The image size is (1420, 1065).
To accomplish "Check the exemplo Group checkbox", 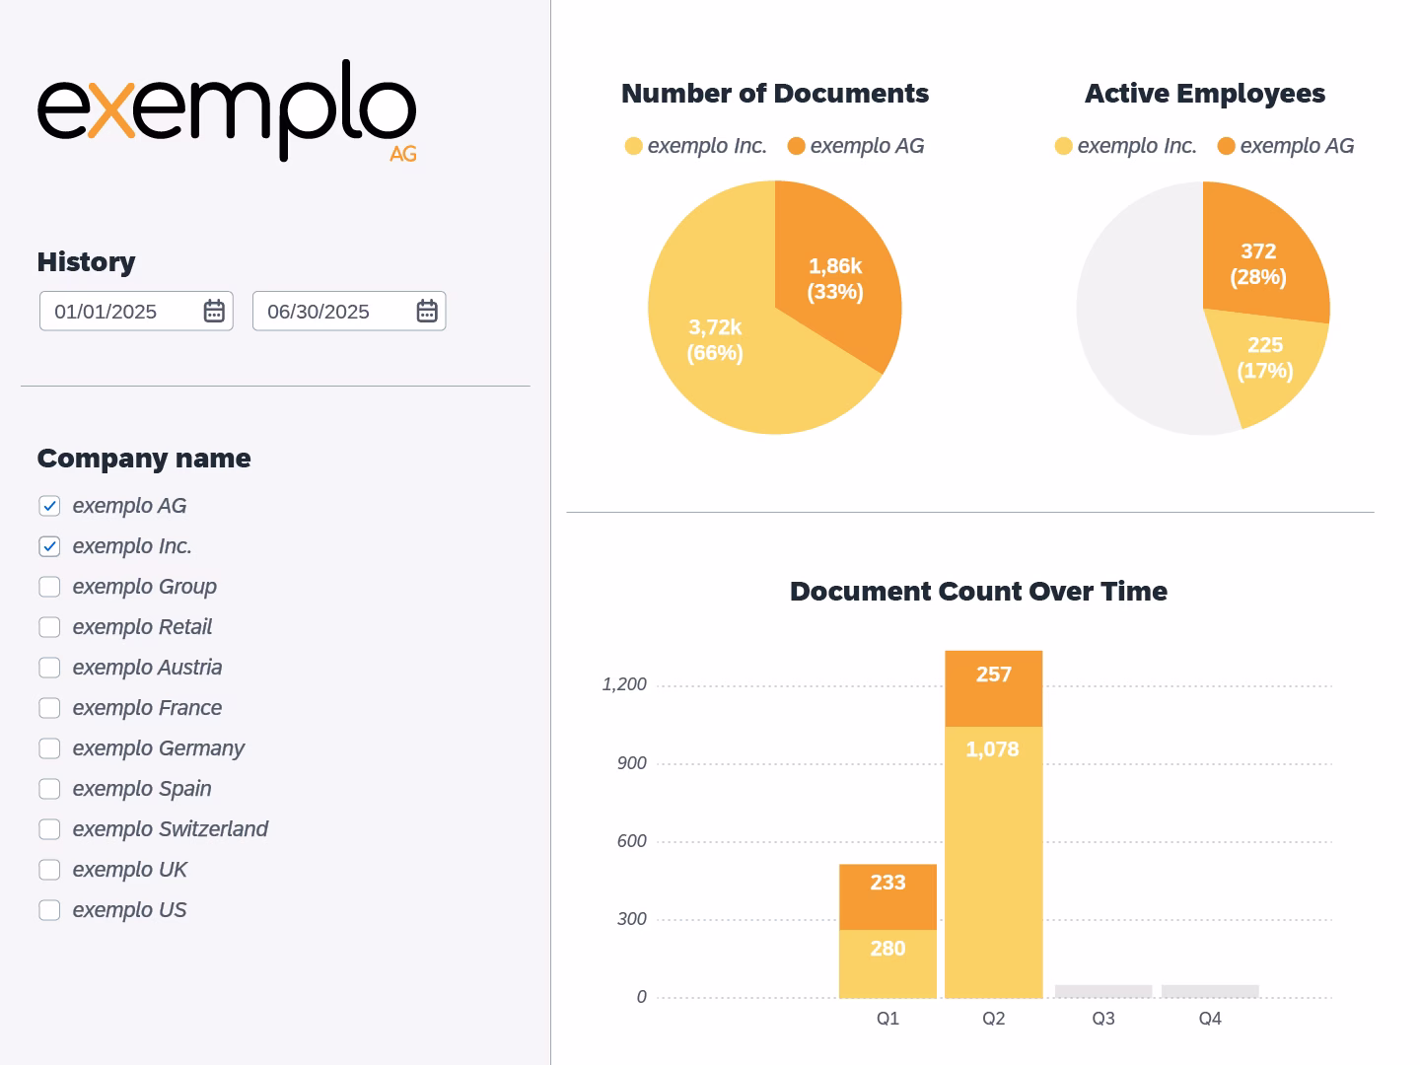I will [x=49, y=587].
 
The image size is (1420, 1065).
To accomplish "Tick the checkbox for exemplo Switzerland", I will [x=49, y=829].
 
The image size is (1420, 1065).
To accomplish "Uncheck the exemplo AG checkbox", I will [x=49, y=506].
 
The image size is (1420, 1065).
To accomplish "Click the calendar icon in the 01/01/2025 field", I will [x=214, y=312].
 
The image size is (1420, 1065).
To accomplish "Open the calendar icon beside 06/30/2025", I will [x=427, y=312].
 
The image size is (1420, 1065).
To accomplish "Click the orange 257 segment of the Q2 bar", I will [x=993, y=688].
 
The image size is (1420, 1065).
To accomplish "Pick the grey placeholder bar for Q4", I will [x=1210, y=991].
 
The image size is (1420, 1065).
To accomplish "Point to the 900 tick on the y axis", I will [x=631, y=763].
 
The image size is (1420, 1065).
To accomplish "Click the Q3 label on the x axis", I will [x=1103, y=1019].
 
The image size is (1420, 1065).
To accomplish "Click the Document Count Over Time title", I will [x=978, y=592].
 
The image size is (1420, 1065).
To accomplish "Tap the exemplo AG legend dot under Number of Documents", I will [x=797, y=147].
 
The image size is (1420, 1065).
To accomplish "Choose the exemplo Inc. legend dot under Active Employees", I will [x=1063, y=147].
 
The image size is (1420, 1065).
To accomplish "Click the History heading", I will [x=86, y=262].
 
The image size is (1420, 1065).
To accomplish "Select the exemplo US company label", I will [x=129, y=910].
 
